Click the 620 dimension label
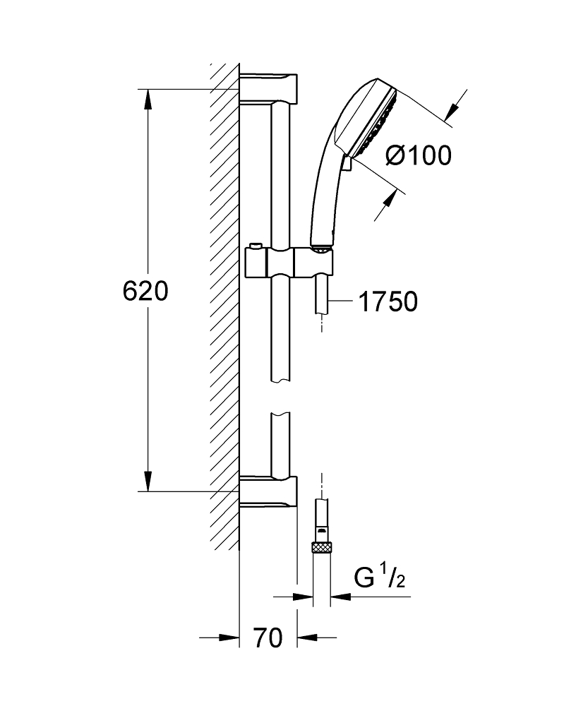tap(145, 292)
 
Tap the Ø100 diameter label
tap(419, 156)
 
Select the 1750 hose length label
tap(388, 301)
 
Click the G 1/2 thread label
tap(380, 578)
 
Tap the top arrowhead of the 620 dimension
tap(148, 99)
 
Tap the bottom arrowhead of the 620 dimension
tap(148, 481)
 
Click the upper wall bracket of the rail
tap(268, 88)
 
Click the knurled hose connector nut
tap(321, 548)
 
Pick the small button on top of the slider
tap(256, 246)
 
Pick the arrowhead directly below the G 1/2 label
tap(340, 597)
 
